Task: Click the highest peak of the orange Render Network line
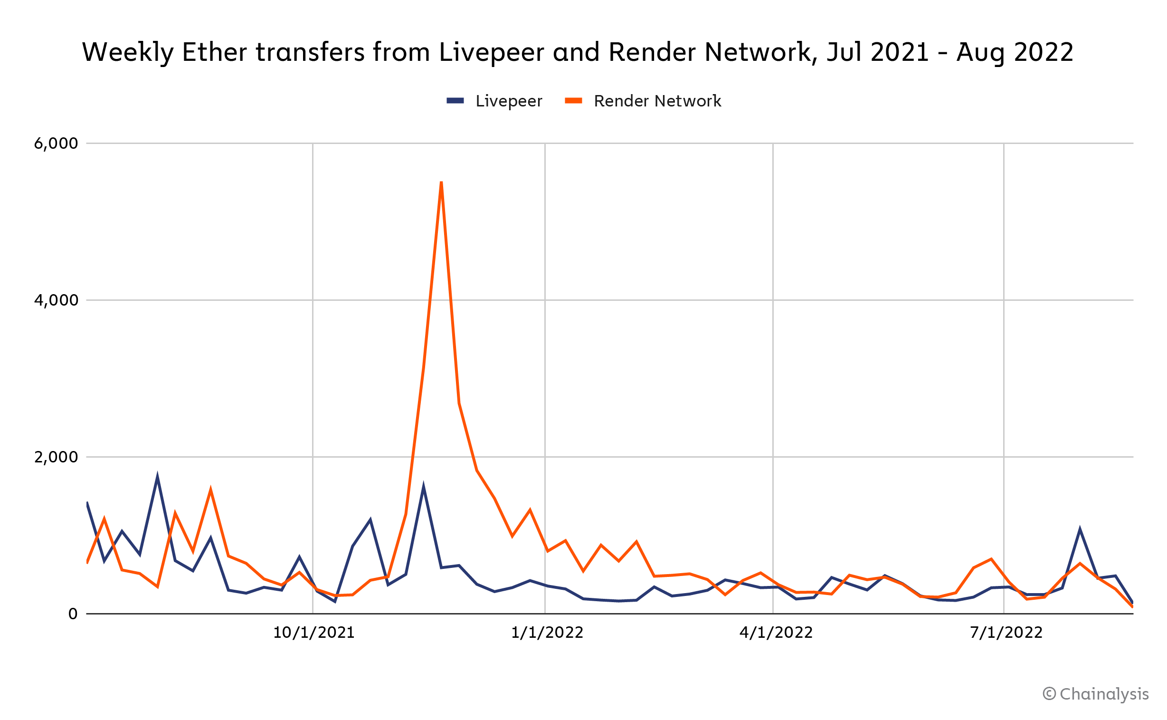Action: (x=441, y=182)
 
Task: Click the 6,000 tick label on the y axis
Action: (x=56, y=144)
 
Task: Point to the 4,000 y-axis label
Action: (x=56, y=300)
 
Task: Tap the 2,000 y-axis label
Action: (x=56, y=457)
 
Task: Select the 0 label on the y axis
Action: (x=73, y=614)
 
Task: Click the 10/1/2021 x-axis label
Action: (x=313, y=633)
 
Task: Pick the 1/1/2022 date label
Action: (x=547, y=633)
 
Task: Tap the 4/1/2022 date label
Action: (x=776, y=633)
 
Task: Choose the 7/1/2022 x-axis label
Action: (x=1006, y=633)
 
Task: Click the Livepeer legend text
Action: (x=508, y=101)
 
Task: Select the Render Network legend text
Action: (x=657, y=101)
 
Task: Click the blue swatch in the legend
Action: (x=455, y=100)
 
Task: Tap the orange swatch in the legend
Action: (x=573, y=100)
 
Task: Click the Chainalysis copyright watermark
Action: (x=1095, y=694)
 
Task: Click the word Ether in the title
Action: (x=214, y=52)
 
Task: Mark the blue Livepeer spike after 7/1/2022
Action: (x=1080, y=529)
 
